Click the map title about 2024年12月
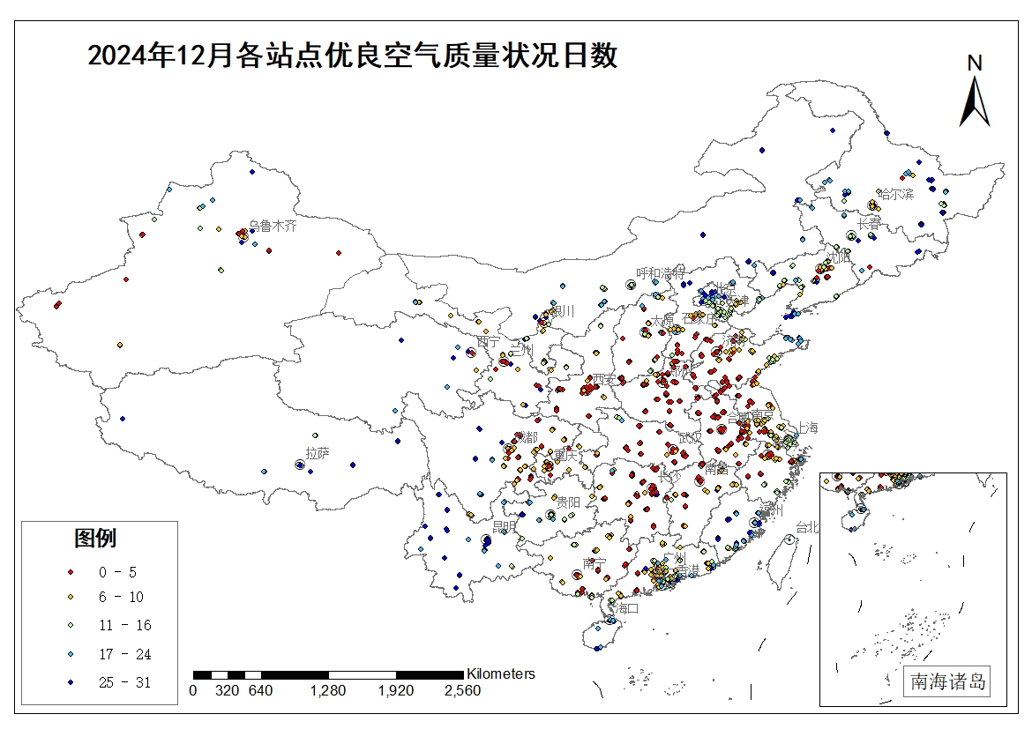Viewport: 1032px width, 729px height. tap(353, 56)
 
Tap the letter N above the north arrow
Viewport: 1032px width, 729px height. tap(974, 63)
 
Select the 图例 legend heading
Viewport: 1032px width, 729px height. tap(95, 538)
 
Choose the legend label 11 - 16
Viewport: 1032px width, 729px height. tap(124, 626)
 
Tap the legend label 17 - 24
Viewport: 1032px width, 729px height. tap(124, 654)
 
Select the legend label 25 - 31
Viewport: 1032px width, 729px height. tap(124, 681)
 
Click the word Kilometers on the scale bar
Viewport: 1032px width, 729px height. tap(500, 673)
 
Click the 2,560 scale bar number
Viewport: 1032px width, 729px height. tap(462, 691)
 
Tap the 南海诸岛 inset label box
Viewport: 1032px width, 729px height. tap(948, 681)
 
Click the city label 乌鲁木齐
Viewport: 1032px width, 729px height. tap(273, 226)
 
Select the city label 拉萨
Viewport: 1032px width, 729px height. tap(318, 453)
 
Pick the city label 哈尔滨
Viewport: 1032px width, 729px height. tap(895, 194)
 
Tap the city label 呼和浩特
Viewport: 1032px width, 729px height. tap(661, 273)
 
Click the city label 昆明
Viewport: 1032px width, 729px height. tap(504, 527)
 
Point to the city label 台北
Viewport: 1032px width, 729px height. tap(807, 527)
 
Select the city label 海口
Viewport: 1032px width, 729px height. tap(627, 608)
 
